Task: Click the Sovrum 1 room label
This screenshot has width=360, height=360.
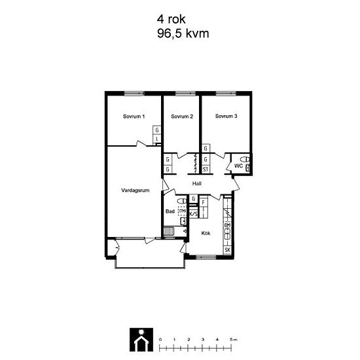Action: click(134, 117)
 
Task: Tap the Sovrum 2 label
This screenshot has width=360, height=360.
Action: click(181, 117)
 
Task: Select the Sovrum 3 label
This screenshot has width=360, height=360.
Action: click(226, 117)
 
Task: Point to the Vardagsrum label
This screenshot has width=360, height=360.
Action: click(136, 190)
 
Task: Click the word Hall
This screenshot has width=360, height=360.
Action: click(196, 183)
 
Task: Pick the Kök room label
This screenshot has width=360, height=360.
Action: click(205, 233)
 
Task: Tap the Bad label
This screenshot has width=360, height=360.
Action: click(170, 211)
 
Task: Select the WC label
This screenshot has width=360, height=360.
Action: click(238, 166)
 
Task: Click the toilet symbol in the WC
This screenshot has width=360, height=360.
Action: click(245, 159)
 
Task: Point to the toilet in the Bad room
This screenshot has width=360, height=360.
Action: click(183, 221)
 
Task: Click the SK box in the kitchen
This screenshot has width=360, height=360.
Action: click(227, 250)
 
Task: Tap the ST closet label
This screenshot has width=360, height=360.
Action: click(205, 169)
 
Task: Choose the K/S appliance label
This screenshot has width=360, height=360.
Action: click(194, 214)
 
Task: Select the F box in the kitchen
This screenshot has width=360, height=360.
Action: click(204, 202)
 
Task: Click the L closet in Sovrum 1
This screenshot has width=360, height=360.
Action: click(157, 139)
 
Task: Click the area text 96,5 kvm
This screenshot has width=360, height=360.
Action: click(183, 33)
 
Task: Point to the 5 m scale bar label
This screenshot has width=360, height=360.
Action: click(234, 339)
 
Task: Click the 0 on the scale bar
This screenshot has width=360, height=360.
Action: click(160, 339)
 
